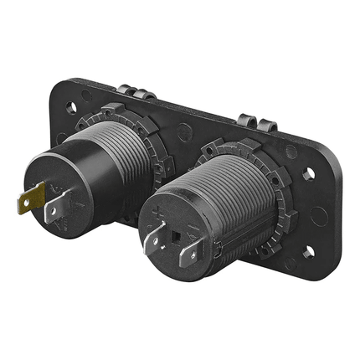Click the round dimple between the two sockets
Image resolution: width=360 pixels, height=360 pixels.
click(183, 131)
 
